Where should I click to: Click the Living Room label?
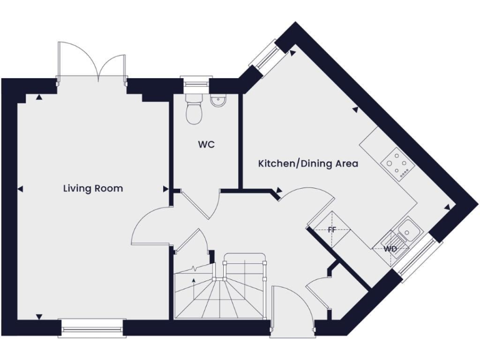click(x=92, y=188)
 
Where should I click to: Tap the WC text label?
click(x=206, y=144)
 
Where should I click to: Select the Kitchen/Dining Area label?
click(x=308, y=164)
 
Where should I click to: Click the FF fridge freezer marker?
click(x=332, y=230)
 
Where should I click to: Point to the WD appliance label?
click(x=390, y=249)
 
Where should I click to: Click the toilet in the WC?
click(x=194, y=109)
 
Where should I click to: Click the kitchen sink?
click(x=408, y=231)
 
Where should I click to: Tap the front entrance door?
click(x=284, y=306)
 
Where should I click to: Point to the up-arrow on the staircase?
click(x=194, y=285)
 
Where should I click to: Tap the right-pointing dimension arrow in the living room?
click(x=166, y=189)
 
